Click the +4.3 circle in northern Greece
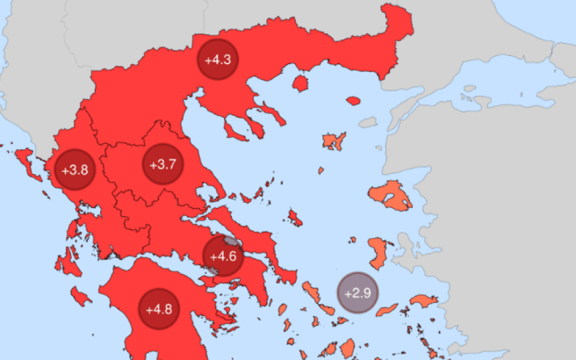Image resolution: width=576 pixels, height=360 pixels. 218,60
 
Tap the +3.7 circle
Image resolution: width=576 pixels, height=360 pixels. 163,165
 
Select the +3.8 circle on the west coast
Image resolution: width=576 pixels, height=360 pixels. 75,169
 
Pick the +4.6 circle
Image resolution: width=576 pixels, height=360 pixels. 223,256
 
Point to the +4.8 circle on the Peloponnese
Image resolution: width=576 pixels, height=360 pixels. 159,309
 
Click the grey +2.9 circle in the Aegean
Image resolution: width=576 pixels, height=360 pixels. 357,293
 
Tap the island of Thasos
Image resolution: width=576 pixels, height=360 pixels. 301,84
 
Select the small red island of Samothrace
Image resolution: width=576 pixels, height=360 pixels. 353,101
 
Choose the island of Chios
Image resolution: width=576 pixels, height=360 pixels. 377,253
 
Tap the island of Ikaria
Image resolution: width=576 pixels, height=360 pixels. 388,310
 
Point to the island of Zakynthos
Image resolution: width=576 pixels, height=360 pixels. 80,296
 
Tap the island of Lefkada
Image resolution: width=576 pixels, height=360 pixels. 72,229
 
